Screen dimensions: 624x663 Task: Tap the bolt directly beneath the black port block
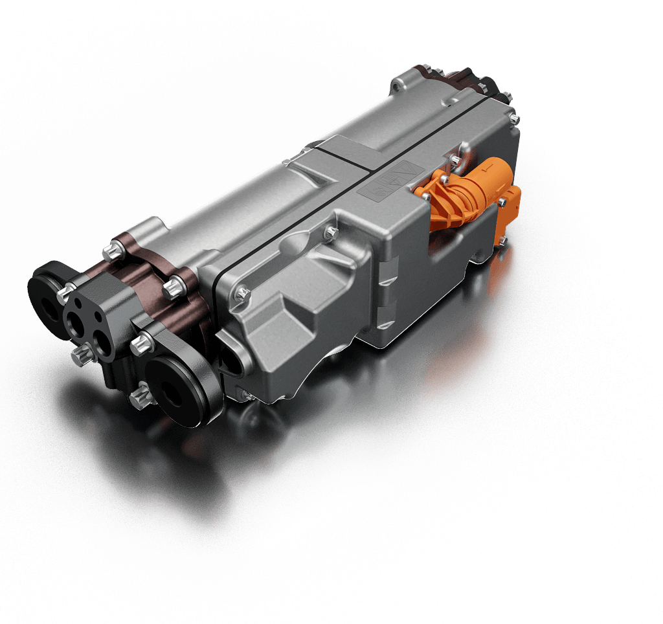83,355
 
